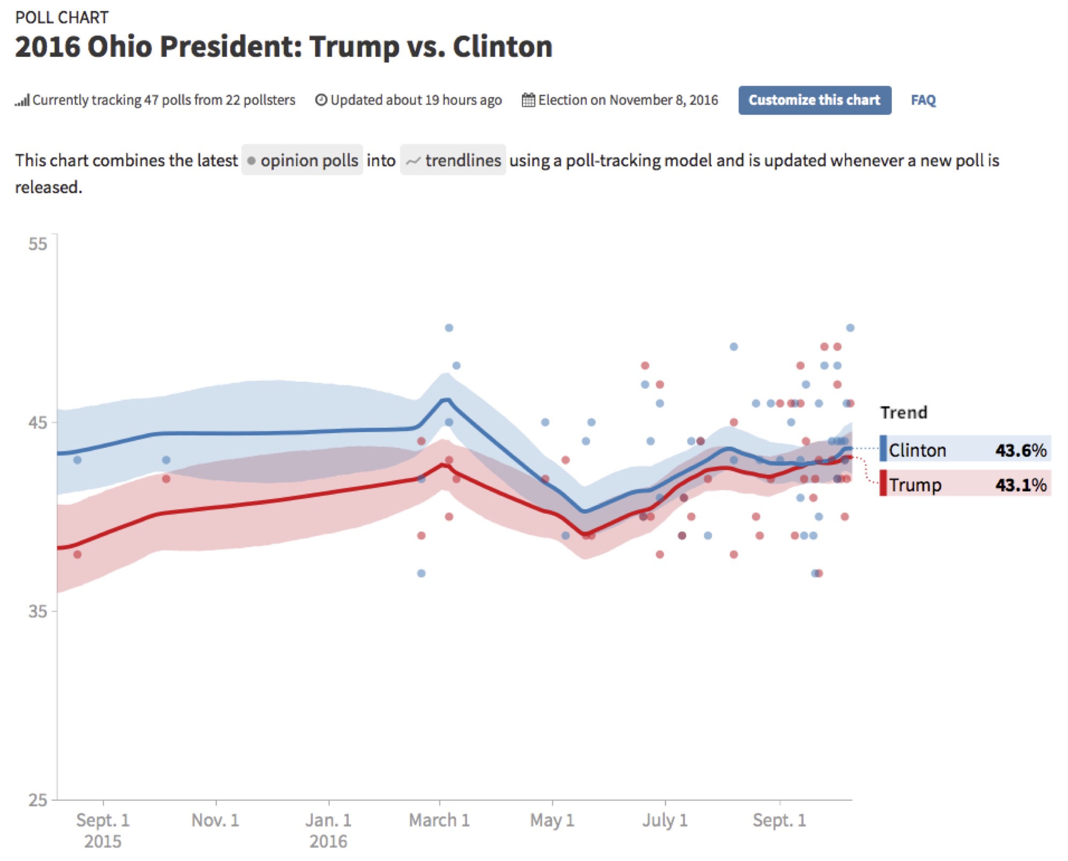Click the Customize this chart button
click(814, 100)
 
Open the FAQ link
click(923, 100)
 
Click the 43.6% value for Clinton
click(1020, 450)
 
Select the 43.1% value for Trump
click(1020, 485)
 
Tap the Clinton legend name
click(917, 450)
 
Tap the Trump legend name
click(915, 485)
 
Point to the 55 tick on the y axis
click(38, 244)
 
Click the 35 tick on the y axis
click(38, 611)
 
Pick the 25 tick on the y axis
click(38, 800)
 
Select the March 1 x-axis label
click(439, 820)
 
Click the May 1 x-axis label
click(552, 820)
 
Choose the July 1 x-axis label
click(665, 820)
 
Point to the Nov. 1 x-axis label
click(215, 820)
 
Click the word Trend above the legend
click(903, 412)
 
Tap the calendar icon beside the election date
click(528, 100)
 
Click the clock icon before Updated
click(321, 100)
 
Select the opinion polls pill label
click(303, 160)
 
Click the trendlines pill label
click(453, 160)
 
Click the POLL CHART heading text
click(62, 18)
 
